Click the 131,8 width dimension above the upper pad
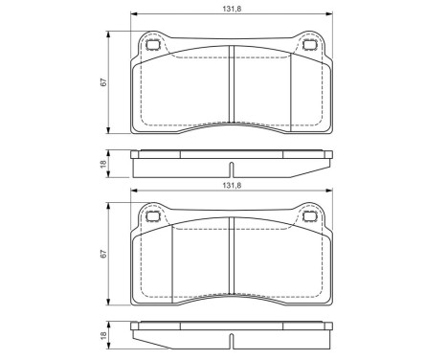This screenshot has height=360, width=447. click(231, 8)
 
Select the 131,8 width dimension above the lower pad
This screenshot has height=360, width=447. click(231, 188)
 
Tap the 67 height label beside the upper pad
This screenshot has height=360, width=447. click(103, 82)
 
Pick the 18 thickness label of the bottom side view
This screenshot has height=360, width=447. click(103, 337)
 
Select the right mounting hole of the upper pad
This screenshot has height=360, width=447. click(308, 44)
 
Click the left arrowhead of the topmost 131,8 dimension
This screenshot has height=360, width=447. click(131, 14)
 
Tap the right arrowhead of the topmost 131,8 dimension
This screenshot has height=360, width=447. click(330, 14)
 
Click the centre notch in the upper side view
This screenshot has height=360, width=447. click(231, 153)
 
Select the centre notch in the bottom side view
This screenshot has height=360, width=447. click(231, 328)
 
